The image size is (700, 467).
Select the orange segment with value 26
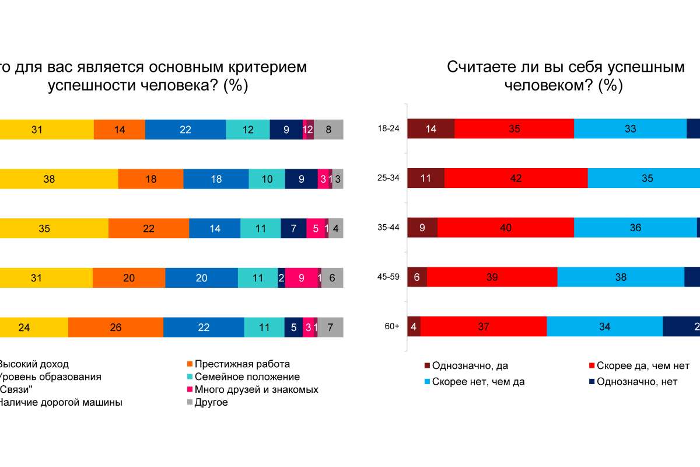[116, 327]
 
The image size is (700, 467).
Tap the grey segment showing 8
[328, 130]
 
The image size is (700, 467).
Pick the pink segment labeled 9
[301, 278]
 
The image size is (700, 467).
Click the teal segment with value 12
[248, 130]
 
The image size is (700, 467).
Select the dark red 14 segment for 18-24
[430, 130]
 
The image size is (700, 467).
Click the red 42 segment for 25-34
[516, 179]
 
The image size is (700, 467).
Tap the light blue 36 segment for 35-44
[635, 228]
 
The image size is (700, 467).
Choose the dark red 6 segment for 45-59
[417, 277]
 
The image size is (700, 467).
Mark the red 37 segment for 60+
[483, 327]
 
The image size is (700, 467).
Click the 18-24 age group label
[388, 130]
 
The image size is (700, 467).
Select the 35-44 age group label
[388, 228]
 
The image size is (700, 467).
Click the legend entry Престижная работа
[242, 364]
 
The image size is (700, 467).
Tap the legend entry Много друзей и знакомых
[256, 389]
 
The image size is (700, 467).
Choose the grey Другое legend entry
[211, 402]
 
